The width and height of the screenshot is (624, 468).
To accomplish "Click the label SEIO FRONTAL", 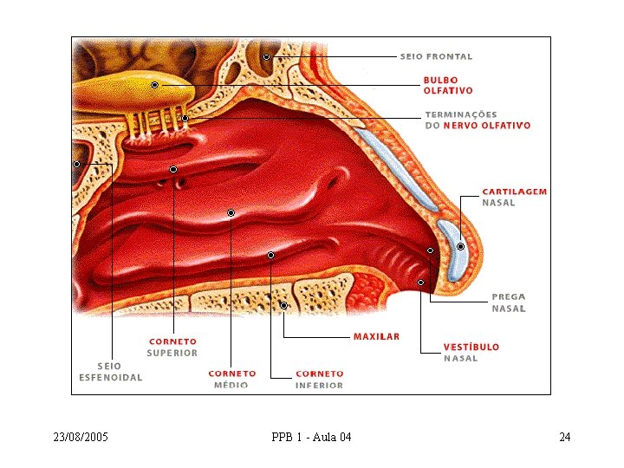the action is pos(436,56).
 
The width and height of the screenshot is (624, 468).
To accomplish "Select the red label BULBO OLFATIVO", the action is pos(448,86).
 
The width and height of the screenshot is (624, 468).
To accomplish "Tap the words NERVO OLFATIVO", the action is pos(487,126).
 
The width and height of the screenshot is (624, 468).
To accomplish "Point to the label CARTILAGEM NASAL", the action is pos(515,197).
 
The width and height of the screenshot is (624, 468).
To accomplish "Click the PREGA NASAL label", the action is pos(509,302).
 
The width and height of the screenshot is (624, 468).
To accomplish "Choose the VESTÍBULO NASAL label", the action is pos(471,353).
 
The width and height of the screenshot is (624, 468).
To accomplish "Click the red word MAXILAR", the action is pos(376,336).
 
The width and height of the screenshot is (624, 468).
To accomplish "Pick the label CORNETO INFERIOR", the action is pos(319,380).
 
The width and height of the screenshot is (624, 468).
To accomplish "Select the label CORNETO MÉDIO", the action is pos(232,380).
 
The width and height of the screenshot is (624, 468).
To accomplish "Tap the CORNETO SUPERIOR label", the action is pos(172,348).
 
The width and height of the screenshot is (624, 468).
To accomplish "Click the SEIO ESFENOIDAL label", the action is pos(111,372).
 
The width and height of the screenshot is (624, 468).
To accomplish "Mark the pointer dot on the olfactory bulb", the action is pos(155,85).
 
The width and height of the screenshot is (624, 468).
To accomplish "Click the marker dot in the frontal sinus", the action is pos(266,57).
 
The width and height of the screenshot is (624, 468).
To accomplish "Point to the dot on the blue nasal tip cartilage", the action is pos(460,247).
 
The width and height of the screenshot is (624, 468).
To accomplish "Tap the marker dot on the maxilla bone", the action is pos(283,306).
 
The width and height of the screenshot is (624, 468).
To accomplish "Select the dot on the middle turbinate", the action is pos(231,213).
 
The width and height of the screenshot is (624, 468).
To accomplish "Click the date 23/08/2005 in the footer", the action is pos(81,437).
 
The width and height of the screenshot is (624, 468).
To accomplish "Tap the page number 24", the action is pos(565,437).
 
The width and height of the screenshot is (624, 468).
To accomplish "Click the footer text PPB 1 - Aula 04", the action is pos(312,437).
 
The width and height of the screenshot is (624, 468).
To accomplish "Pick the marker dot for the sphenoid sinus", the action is pos(77,164).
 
